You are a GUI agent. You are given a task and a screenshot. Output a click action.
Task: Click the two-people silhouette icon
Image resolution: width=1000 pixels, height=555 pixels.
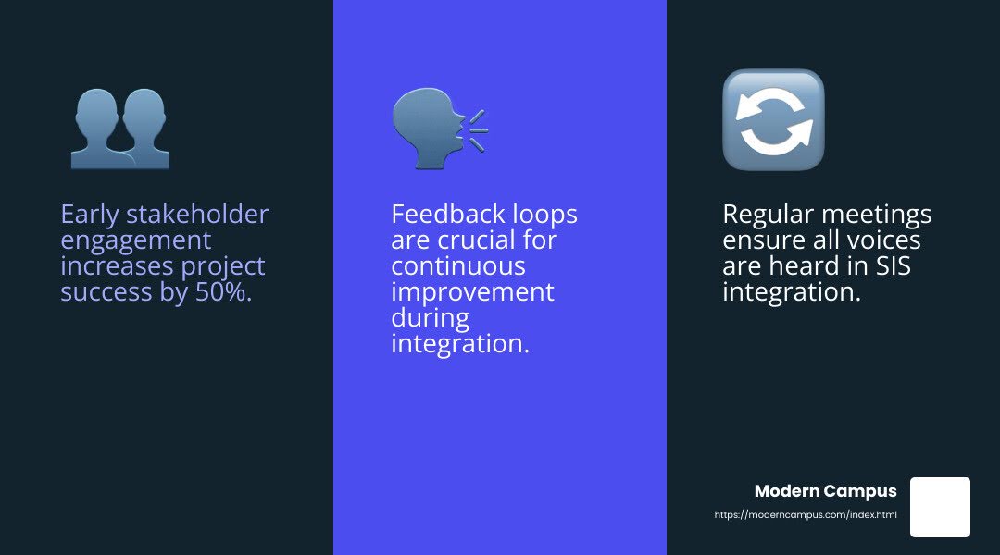point(119,129)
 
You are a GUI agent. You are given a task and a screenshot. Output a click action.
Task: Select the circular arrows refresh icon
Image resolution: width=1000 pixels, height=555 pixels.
point(772,120)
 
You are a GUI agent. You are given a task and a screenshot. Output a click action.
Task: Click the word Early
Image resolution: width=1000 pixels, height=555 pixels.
point(89,215)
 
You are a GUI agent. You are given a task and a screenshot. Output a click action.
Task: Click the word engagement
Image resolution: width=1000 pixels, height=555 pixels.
point(136,241)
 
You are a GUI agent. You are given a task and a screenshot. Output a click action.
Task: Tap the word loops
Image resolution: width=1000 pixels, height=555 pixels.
point(545,215)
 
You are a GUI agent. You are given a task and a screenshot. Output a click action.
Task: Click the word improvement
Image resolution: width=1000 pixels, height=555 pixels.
point(472,292)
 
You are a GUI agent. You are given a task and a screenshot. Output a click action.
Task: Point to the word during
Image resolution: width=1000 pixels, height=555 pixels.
point(430,318)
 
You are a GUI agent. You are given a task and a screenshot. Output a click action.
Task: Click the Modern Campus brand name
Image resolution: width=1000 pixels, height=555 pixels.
point(825,491)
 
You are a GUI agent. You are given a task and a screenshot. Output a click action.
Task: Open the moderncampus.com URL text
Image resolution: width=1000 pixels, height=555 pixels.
point(806,514)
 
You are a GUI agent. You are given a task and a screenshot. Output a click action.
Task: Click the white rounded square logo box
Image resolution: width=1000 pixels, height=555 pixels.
point(940,507)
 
